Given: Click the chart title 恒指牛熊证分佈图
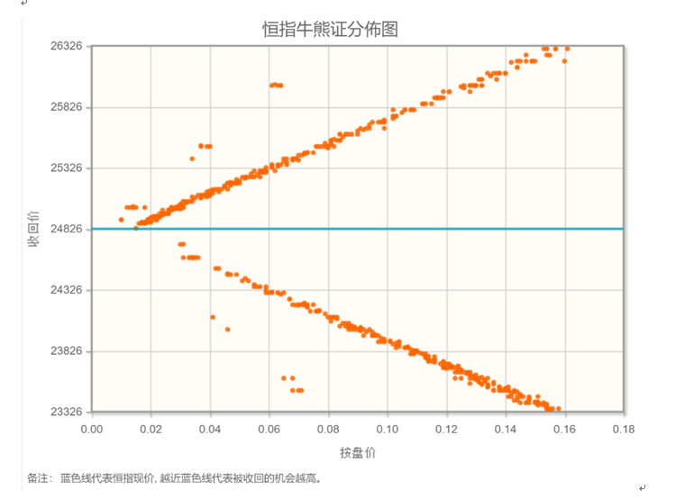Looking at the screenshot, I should point(330,29).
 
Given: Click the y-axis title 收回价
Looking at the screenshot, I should point(33,229).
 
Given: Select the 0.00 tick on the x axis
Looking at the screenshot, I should point(92,429).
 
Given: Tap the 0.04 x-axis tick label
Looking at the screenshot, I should point(210,429).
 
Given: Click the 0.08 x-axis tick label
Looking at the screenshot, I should point(328,429).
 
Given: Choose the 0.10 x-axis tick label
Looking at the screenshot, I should point(388,429).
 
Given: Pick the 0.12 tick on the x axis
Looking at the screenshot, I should point(446,429).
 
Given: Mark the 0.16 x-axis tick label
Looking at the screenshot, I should point(564,429).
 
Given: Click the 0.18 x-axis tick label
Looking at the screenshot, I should point(623,429).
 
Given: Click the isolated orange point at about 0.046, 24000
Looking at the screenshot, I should point(227,330).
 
